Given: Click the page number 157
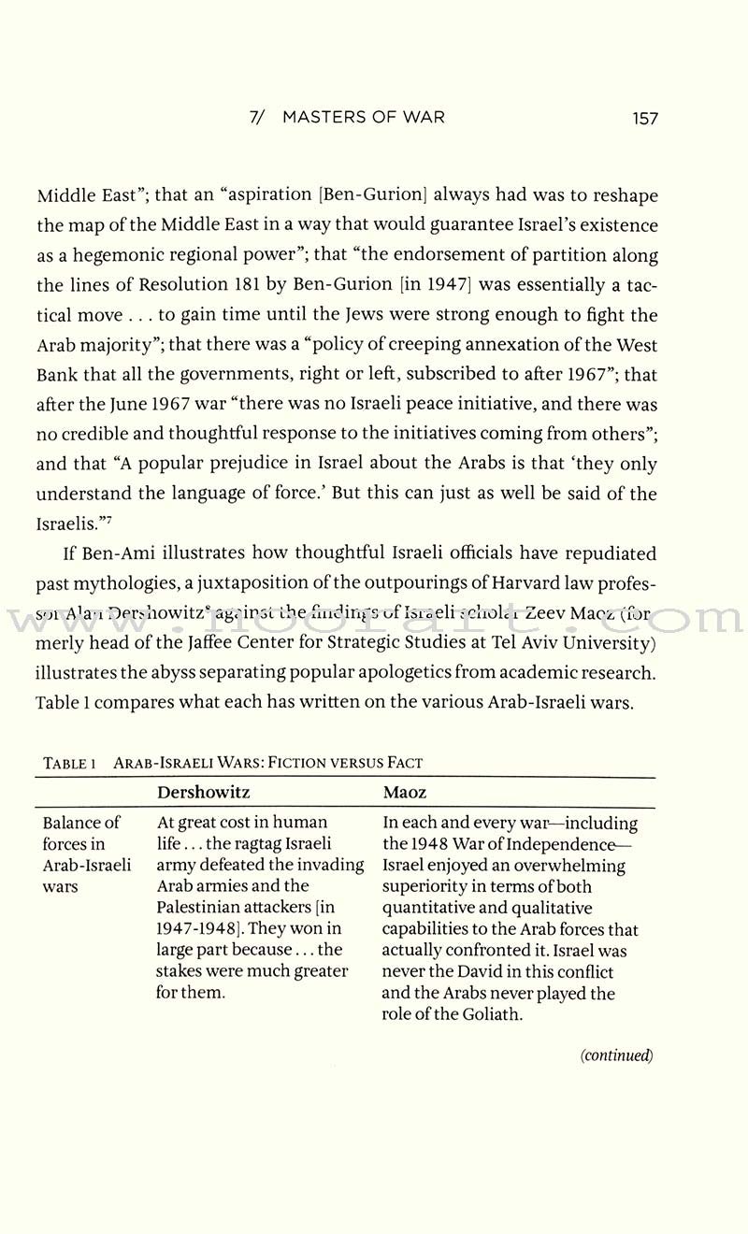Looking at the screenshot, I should pos(644,118).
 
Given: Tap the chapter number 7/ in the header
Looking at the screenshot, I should pos(260,118).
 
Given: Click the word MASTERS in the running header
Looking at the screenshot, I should pos(326,118).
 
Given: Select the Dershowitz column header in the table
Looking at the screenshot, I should pos(203,793).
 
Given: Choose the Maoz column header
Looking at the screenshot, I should pos(406,793).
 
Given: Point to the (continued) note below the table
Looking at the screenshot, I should pos(615,1055).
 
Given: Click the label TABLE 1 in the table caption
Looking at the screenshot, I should pos(70,763).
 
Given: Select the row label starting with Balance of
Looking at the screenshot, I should pos(82,823).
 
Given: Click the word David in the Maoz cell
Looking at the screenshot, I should pos(498,972).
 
